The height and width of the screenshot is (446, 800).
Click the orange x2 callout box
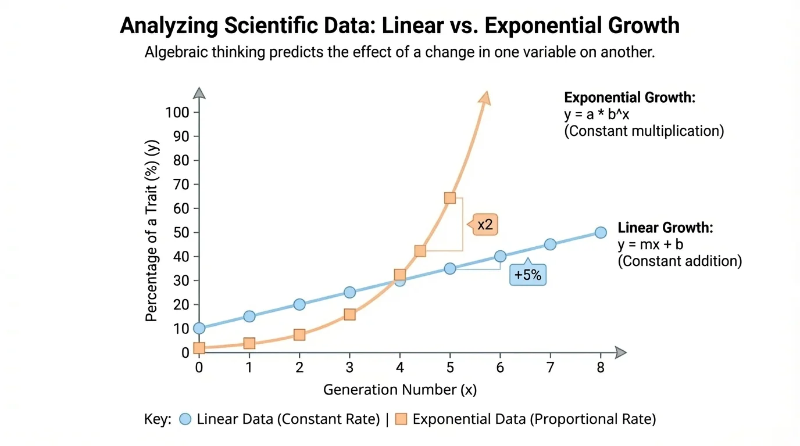pos(484,224)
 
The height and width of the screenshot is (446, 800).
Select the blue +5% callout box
pos(528,275)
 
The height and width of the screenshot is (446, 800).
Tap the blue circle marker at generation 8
pos(601,232)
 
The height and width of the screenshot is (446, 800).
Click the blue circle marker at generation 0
pos(199,328)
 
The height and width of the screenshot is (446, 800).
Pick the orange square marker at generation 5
pos(449,198)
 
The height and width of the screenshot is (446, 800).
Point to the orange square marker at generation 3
pos(349,314)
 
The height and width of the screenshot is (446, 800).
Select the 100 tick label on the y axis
pos(177,112)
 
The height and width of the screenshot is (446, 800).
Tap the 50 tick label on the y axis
pos(181,232)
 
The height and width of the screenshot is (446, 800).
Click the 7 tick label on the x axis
pos(550,367)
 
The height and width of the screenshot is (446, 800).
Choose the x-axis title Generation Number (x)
pos(399,390)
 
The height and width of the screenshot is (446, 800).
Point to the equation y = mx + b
pos(650,244)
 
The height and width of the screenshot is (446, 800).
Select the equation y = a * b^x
pos(597,114)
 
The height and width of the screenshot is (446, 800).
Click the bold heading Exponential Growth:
pos(630,98)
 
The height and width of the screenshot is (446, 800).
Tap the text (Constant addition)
pos(680,261)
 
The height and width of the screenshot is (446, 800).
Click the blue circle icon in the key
pos(185,419)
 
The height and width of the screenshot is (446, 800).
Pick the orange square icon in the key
pos(401,419)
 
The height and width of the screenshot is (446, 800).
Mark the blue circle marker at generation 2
pos(299,304)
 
